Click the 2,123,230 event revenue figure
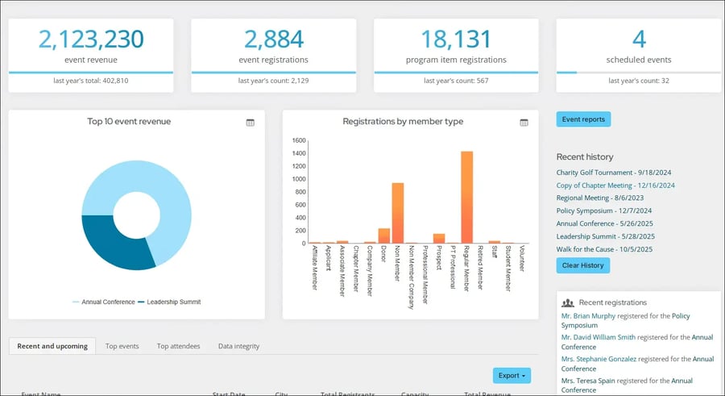[91, 39]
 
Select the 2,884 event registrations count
[273, 39]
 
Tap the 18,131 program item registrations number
[456, 39]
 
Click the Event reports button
[583, 119]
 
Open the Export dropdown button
[513, 375]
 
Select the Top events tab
[122, 346]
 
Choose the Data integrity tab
[238, 346]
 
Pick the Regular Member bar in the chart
[466, 198]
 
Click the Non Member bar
[398, 213]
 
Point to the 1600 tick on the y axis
[299, 140]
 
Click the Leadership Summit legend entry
[168, 302]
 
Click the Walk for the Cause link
[605, 249]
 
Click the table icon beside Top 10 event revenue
[250, 123]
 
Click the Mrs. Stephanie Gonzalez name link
[599, 359]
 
